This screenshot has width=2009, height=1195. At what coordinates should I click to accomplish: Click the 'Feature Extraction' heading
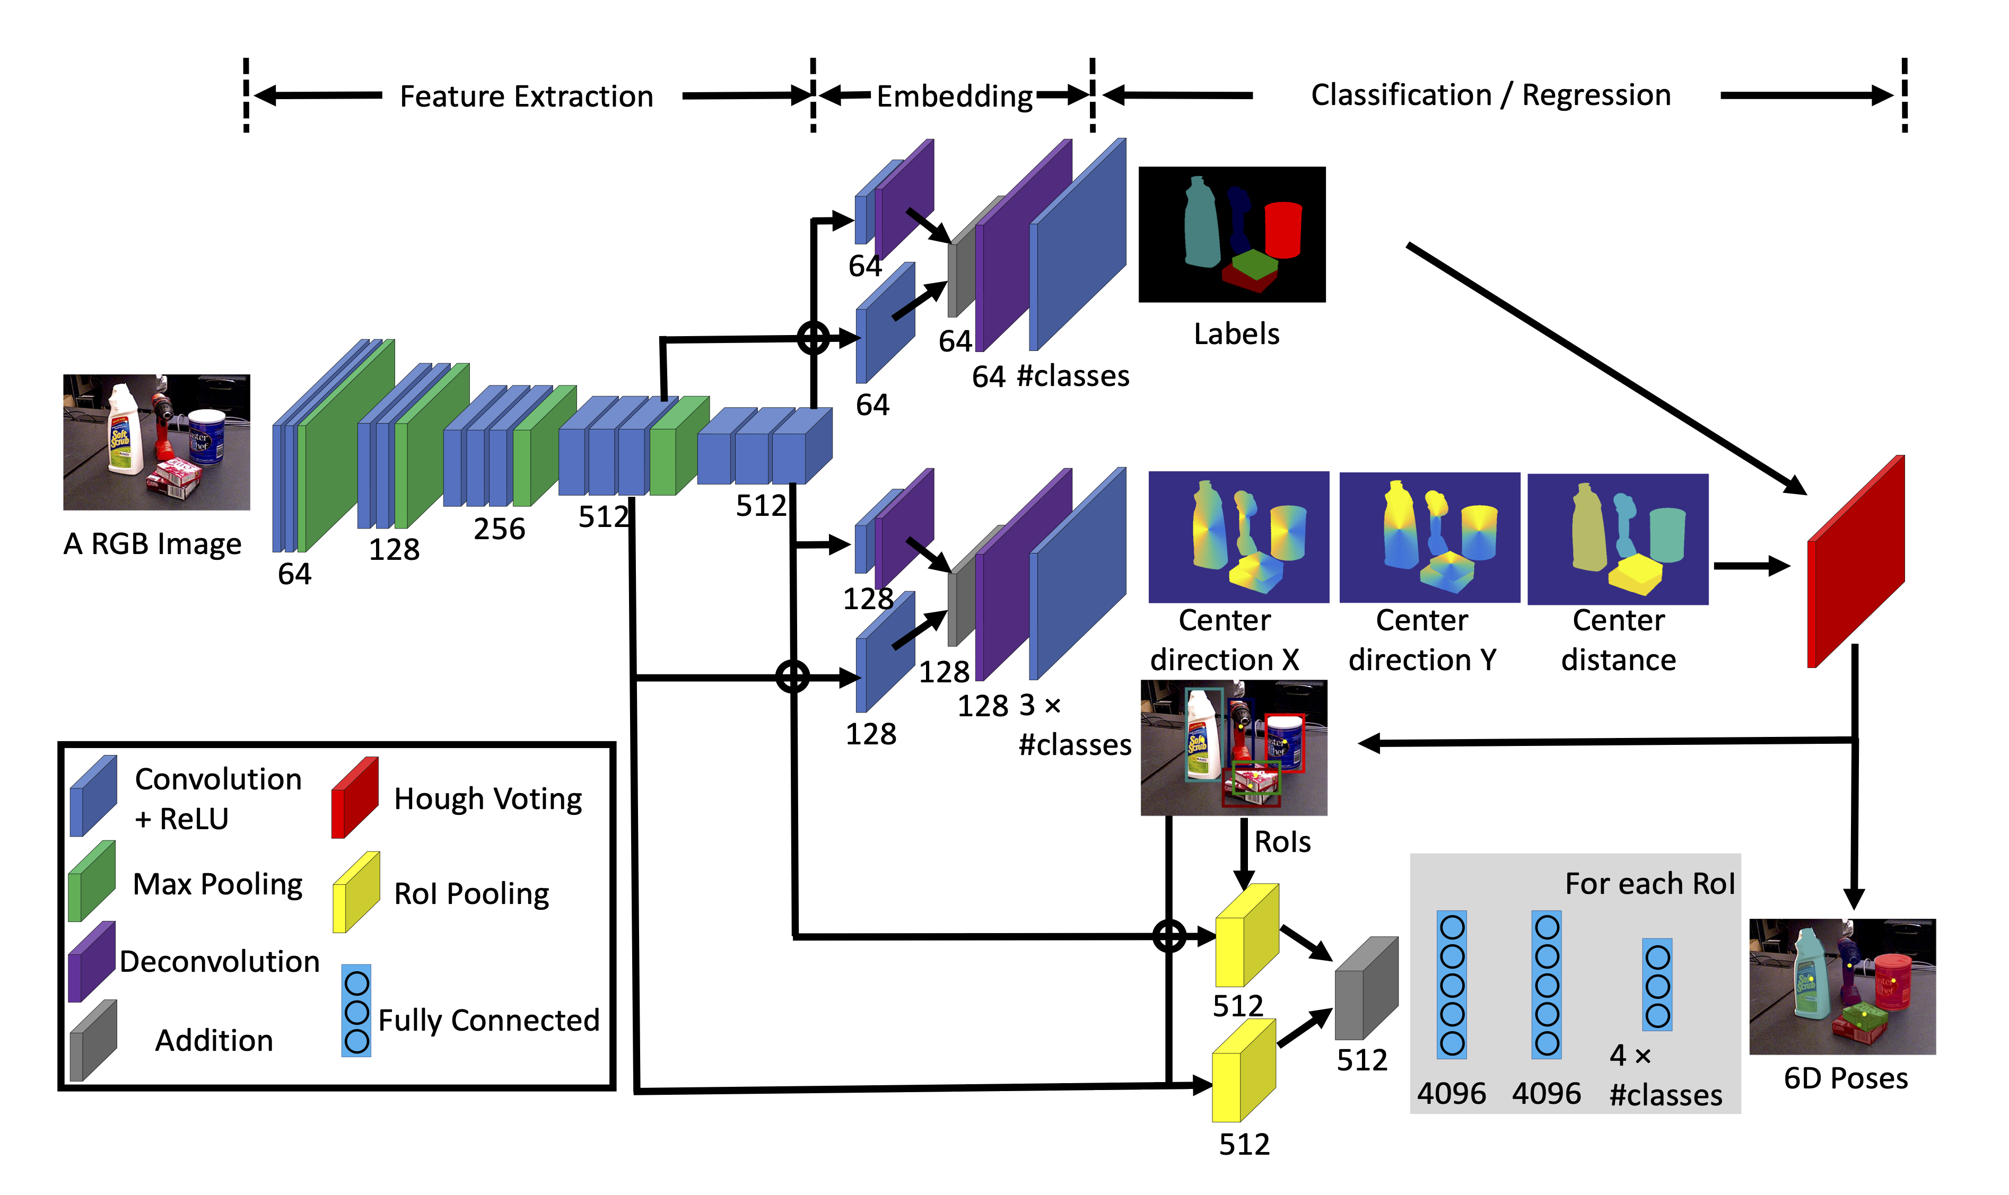point(526,96)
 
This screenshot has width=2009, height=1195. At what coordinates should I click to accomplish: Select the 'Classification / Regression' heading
point(1490,95)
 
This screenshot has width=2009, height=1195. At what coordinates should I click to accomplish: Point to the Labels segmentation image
point(1231,234)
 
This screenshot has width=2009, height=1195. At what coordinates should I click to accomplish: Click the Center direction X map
point(1238,537)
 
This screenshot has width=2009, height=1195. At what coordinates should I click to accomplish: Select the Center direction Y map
point(1429,537)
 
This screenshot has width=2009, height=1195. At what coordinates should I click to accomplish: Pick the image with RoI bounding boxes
point(1233,748)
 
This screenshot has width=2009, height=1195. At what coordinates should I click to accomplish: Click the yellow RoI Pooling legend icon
point(356,891)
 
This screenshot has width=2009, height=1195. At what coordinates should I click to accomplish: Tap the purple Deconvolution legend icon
point(92,961)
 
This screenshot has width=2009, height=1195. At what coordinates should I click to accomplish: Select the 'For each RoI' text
point(1649,883)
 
